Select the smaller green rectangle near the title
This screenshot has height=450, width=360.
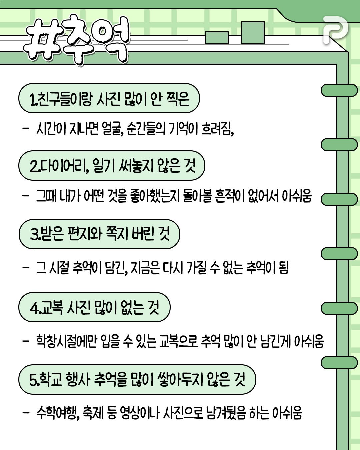(217, 38)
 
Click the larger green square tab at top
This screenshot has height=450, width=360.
(252, 33)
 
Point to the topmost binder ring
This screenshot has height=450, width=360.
(339, 90)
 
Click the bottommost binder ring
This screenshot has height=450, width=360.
(339, 362)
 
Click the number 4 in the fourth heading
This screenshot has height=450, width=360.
(34, 308)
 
